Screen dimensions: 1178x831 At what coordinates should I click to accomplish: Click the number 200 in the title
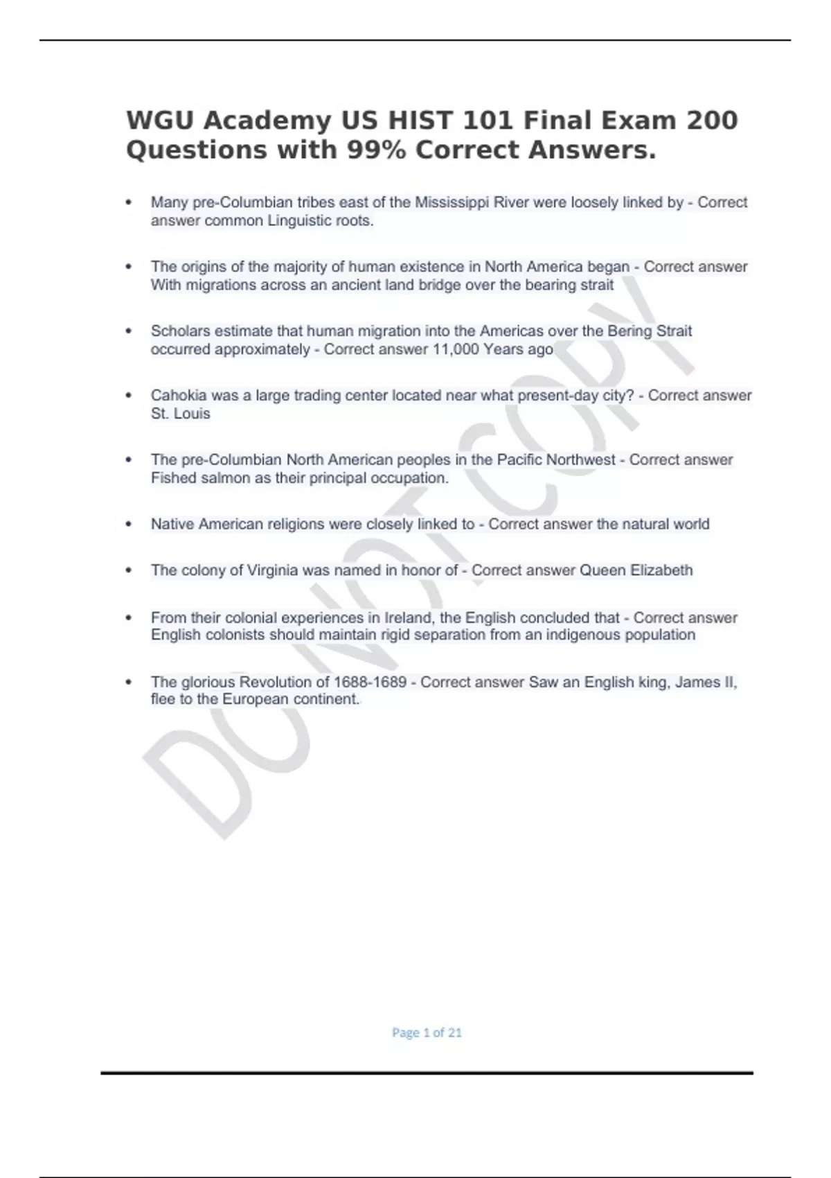tap(711, 121)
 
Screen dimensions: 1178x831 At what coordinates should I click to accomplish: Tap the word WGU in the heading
tap(160, 121)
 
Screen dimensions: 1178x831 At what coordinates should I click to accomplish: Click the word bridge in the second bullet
tap(439, 285)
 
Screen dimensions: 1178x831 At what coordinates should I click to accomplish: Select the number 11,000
tap(456, 349)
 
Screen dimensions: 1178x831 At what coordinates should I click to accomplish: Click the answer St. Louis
tap(180, 414)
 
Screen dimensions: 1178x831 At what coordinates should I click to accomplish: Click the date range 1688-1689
tap(370, 683)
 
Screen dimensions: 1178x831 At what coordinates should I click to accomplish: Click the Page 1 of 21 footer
tap(427, 1032)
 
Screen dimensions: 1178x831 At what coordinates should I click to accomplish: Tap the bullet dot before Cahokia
tap(128, 396)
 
